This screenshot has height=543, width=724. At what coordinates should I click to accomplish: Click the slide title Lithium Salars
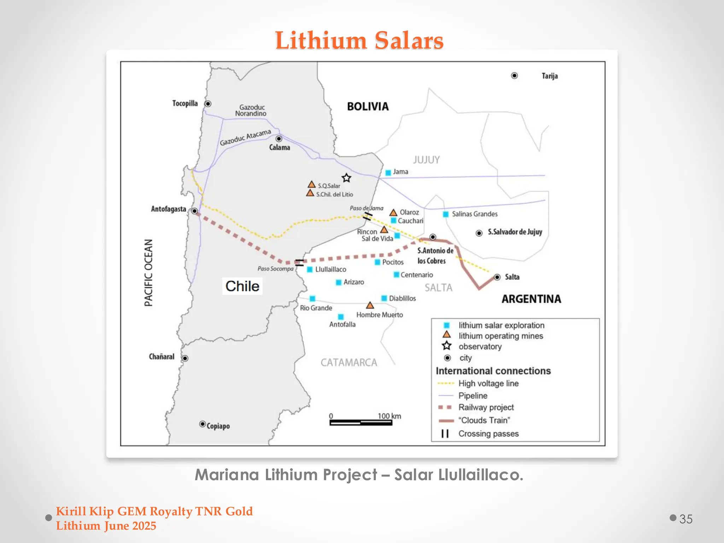(x=359, y=40)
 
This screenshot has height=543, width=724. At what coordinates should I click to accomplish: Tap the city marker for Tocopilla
(x=208, y=104)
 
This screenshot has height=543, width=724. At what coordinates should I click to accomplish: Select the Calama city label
(x=279, y=147)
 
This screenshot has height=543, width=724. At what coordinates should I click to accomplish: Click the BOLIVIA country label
(x=368, y=106)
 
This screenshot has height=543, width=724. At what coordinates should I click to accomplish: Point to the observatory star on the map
(x=346, y=178)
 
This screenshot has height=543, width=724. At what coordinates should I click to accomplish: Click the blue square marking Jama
(x=388, y=173)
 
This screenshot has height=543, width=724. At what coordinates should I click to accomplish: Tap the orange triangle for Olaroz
(x=393, y=212)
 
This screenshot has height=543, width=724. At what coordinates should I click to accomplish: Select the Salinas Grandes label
(x=474, y=214)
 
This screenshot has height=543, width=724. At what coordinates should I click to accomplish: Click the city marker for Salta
(x=497, y=277)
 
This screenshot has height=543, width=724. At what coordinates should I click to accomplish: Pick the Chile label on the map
(x=243, y=286)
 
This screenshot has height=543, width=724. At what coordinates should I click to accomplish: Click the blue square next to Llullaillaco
(x=310, y=269)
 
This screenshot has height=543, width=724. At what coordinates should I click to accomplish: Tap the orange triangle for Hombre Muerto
(x=370, y=305)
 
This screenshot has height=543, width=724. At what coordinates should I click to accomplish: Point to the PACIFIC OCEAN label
(x=149, y=273)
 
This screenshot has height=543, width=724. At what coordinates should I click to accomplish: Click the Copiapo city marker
(x=203, y=424)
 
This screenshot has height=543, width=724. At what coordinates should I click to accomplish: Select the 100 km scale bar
(x=361, y=422)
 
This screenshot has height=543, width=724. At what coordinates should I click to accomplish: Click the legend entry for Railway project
(x=486, y=407)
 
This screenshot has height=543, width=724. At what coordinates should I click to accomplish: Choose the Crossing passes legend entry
(x=488, y=434)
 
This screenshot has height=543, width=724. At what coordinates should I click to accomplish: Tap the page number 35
(x=686, y=519)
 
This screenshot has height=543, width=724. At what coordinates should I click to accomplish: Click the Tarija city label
(x=550, y=76)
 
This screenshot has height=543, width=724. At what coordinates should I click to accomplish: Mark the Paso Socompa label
(x=275, y=269)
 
